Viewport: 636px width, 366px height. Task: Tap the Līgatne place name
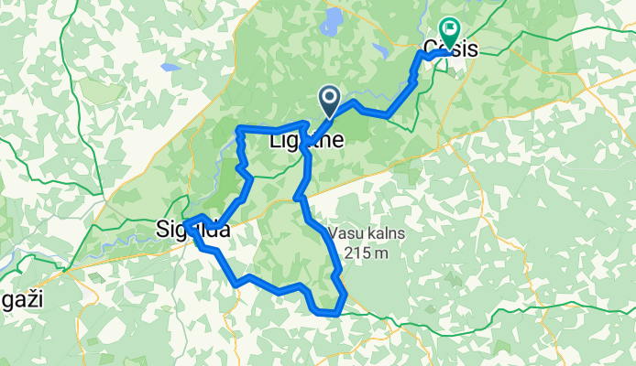coord(307,142)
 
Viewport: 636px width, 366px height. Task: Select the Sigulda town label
coord(192,232)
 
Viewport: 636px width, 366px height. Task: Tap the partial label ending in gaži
coord(24,299)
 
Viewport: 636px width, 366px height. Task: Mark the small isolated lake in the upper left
coord(170,67)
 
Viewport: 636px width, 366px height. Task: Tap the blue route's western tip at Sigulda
coord(185,223)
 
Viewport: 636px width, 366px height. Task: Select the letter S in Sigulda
coord(161,232)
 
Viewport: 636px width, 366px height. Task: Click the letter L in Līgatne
coord(275,142)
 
